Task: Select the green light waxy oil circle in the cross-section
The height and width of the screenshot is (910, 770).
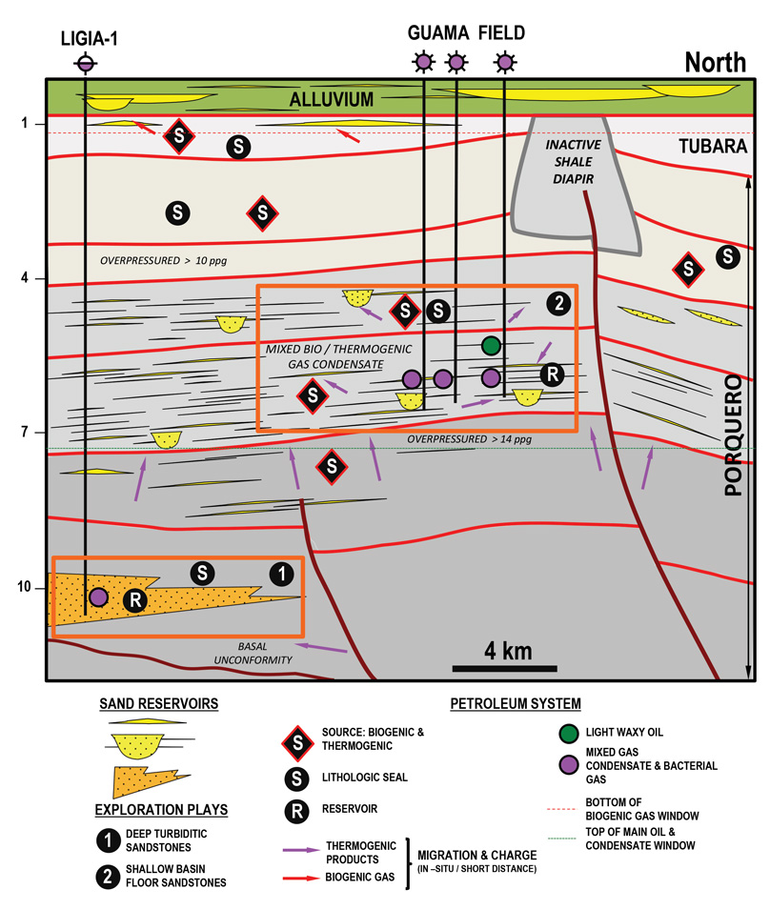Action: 491,345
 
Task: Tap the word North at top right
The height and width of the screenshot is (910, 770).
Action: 716,63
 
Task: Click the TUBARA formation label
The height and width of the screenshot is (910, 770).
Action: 712,147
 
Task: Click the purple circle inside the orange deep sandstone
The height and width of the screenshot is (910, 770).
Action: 98,597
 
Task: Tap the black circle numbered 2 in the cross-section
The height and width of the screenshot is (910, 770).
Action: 558,304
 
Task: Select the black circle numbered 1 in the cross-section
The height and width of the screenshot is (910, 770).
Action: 280,573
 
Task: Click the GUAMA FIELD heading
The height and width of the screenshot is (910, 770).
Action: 466,32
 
